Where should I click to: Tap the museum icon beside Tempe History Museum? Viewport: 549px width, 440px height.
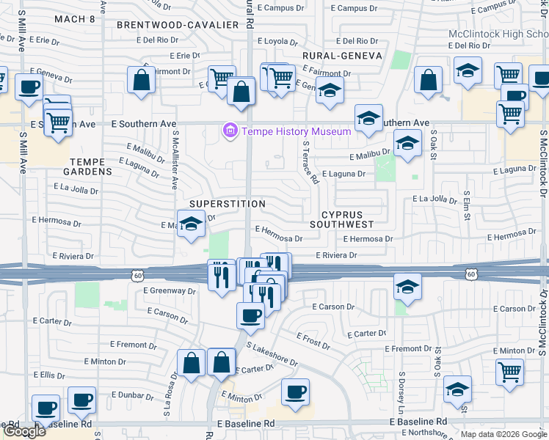tap(230, 131)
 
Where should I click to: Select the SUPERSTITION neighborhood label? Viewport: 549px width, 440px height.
tap(227, 203)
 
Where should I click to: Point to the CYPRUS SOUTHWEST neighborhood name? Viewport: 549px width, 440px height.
tap(342, 219)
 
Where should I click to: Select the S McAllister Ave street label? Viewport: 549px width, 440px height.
tap(175, 160)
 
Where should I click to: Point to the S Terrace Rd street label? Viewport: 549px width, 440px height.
tap(310, 163)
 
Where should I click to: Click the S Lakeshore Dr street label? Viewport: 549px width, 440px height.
tap(272, 354)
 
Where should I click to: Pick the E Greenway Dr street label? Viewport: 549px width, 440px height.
tap(170, 291)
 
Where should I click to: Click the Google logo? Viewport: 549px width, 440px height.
tap(24, 431)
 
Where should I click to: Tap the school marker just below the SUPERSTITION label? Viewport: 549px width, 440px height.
tap(191, 224)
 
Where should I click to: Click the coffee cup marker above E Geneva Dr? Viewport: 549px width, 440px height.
tap(29, 86)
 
